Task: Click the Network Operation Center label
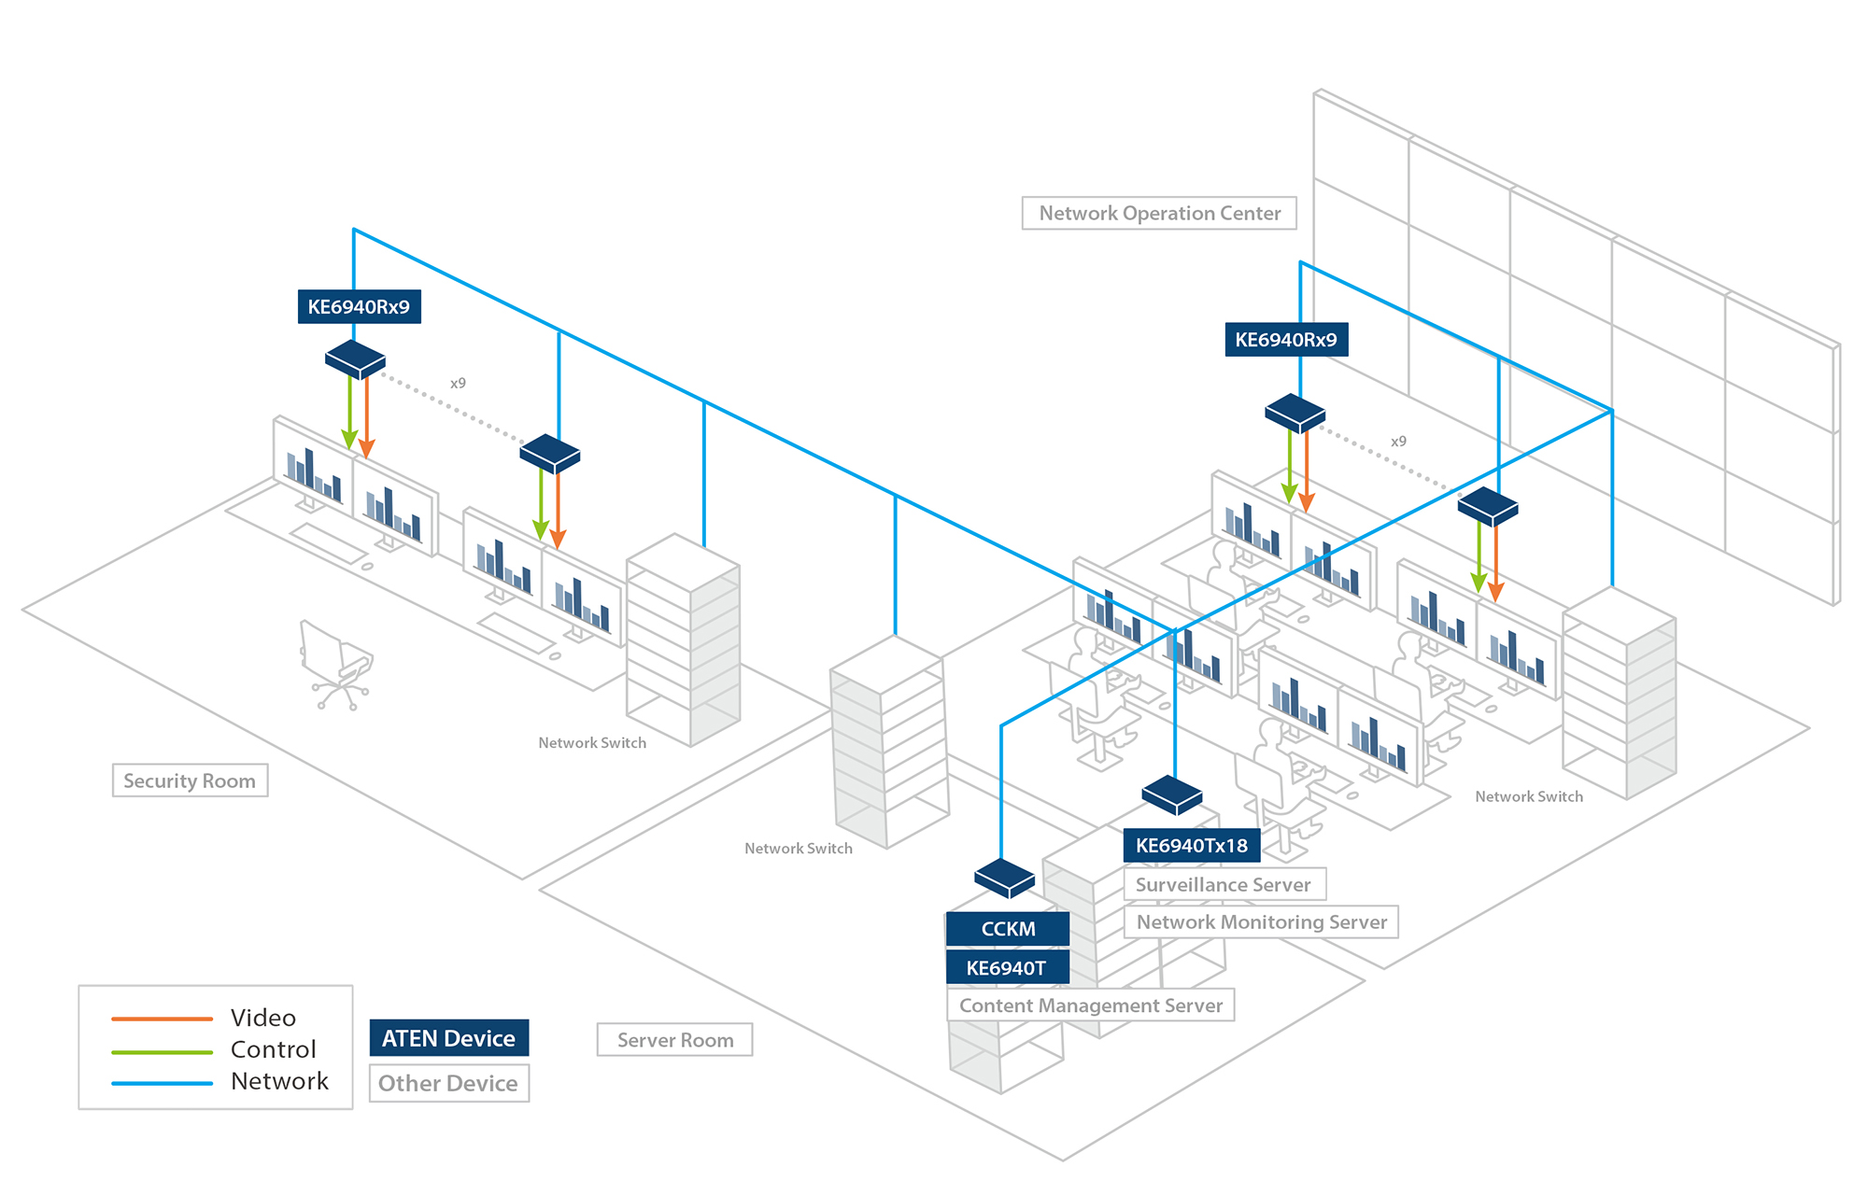click(1159, 213)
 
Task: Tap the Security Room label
click(190, 780)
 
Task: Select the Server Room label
click(674, 1040)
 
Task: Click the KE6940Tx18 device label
click(1191, 846)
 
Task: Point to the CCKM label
click(1008, 929)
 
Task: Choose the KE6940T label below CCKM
click(1006, 968)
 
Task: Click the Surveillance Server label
click(1224, 884)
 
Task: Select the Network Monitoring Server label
click(1261, 922)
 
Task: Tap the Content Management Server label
click(1090, 1005)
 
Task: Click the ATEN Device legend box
click(448, 1038)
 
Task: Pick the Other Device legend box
click(448, 1083)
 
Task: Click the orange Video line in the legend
click(162, 1019)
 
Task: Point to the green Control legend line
click(162, 1051)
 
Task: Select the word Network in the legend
click(279, 1081)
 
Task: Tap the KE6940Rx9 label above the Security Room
click(359, 307)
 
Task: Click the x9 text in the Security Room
click(458, 383)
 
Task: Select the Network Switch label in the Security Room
click(592, 743)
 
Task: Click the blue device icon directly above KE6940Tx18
click(1172, 794)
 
